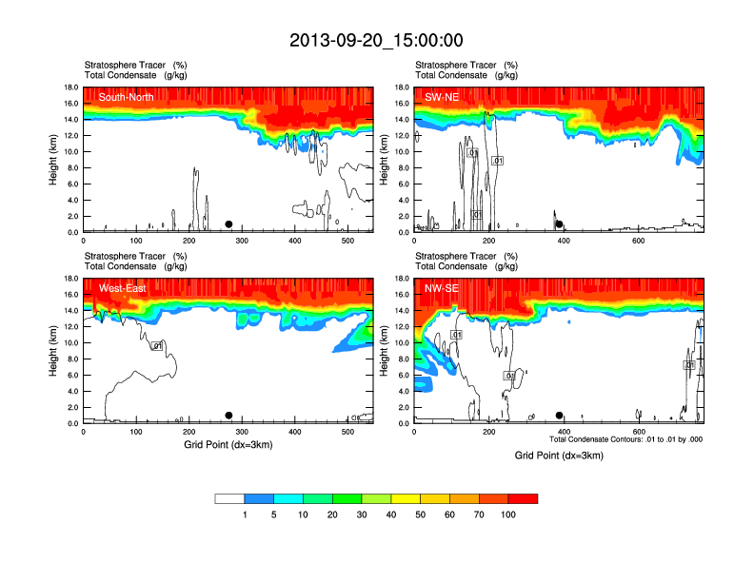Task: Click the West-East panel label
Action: point(123,288)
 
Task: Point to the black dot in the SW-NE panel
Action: point(560,224)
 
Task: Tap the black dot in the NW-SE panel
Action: point(560,416)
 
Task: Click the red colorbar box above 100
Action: point(523,498)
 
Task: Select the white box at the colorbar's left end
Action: point(229,498)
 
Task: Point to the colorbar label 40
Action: point(391,514)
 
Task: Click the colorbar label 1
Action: point(245,514)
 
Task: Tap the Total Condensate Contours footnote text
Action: point(625,439)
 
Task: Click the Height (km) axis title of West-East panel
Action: point(54,351)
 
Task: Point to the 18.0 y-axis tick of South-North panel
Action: point(71,87)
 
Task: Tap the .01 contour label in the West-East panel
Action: point(159,345)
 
